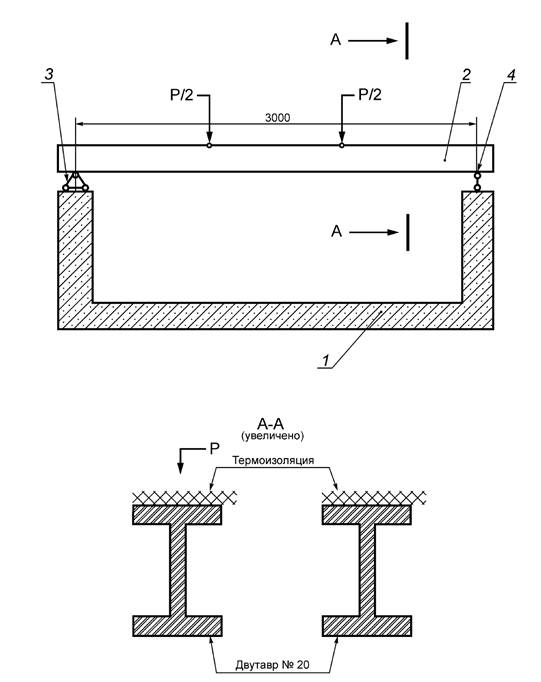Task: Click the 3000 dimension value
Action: pos(277,117)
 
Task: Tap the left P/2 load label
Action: pos(182,95)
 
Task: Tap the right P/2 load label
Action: pos(370,95)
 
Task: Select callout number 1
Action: pos(325,361)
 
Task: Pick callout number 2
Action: pos(466,75)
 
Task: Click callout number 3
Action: pos(49,74)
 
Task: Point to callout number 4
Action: pos(511,75)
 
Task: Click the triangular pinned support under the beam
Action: pos(76,182)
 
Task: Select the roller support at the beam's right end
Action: pos(478,182)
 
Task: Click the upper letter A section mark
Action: pos(336,40)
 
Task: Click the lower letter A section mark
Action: pos(336,231)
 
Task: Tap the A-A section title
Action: pos(271,423)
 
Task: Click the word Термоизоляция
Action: pos(273,460)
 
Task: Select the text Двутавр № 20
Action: pos(273,665)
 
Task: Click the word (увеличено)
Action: pos(273,435)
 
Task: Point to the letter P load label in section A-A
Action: pos(214,448)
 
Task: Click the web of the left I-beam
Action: pos(177,570)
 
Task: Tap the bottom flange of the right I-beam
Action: pos(367,626)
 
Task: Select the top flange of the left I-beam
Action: pos(177,515)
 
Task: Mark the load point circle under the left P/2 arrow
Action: pos(209,145)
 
